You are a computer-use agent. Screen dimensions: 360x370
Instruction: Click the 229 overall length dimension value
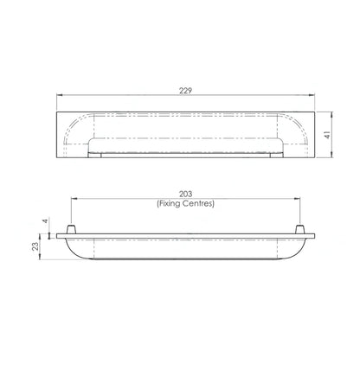[x=185, y=91]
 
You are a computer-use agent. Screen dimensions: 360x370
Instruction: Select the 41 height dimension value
[x=327, y=135]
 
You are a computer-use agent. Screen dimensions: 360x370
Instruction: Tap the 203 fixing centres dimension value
[x=185, y=195]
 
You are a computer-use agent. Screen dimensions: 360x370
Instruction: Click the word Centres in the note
[x=199, y=203]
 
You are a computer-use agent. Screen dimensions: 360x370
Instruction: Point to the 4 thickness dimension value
[x=45, y=221]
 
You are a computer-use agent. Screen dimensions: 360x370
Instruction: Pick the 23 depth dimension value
[x=35, y=246]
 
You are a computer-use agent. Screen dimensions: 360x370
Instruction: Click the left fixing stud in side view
[x=72, y=229]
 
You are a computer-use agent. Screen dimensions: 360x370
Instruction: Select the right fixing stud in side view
[x=300, y=229]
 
